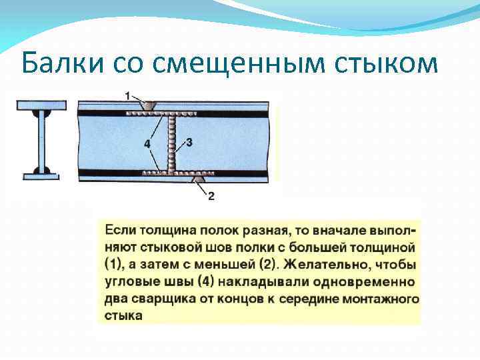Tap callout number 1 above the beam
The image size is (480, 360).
click(x=127, y=96)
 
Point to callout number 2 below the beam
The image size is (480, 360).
click(x=211, y=196)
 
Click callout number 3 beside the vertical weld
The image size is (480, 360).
click(x=189, y=143)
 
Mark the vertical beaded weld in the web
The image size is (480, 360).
click(x=173, y=143)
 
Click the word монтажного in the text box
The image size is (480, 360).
click(x=383, y=298)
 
